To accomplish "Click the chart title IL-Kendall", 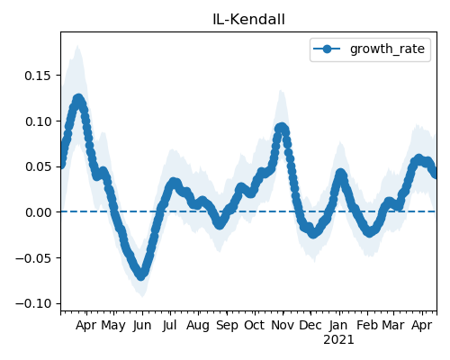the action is click(248, 20).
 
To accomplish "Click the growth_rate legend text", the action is click(387, 49).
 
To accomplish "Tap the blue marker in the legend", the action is click(327, 49).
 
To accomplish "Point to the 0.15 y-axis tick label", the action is click(38, 76).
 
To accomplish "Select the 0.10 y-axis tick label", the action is click(38, 121).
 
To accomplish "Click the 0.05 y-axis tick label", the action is click(38, 166).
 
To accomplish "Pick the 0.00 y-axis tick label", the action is click(38, 212).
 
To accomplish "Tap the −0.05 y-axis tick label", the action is click(33, 258).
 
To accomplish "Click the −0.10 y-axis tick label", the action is click(33, 303).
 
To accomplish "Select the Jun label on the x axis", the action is click(142, 326).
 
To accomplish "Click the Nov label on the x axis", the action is click(283, 325).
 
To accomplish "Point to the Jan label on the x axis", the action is click(338, 326).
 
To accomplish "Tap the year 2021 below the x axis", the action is click(338, 340).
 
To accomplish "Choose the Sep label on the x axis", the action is click(227, 326).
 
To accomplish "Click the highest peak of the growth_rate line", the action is click(78, 99).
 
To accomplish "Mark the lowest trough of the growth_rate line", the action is click(141, 274).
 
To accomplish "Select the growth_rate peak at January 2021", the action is click(340, 175).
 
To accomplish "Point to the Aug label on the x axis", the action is click(198, 326).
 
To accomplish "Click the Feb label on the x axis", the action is click(367, 325).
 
